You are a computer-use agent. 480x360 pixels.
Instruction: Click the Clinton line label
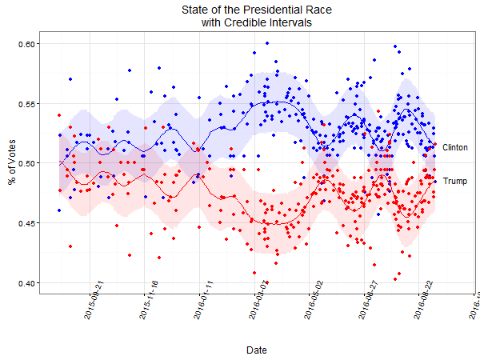point(454,148)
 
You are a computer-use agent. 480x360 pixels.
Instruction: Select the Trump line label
point(454,182)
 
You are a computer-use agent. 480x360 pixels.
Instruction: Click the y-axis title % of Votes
point(11,162)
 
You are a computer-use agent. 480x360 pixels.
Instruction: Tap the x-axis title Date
point(257,350)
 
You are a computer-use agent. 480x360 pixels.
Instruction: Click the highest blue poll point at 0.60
point(267,43)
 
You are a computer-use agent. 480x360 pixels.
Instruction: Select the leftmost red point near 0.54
point(59,115)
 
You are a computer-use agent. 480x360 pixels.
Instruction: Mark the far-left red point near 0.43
point(70,246)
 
